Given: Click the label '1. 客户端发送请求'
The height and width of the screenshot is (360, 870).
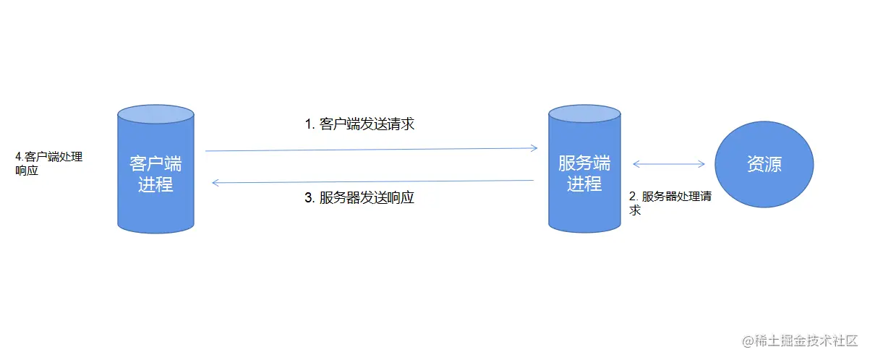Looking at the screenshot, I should coord(359,124).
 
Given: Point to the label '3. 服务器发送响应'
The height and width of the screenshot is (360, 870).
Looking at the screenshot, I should coord(359,197).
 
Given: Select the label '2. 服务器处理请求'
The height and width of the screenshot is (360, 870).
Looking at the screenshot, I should coord(670,203).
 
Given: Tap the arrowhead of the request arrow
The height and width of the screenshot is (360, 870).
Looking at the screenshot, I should coord(534,148).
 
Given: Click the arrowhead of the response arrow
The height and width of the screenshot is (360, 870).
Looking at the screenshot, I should coord(216,183).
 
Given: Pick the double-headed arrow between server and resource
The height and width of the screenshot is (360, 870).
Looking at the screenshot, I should coord(669,164).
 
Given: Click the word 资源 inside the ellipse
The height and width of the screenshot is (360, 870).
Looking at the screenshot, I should coord(764,165).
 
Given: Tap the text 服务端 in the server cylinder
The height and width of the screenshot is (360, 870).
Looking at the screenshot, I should coord(584,163).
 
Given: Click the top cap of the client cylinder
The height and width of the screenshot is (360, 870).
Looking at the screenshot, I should coord(155,113).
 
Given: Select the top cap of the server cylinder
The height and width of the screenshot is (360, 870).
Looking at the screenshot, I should coord(584,113).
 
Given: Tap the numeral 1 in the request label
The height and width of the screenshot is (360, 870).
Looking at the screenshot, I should coord(307,124).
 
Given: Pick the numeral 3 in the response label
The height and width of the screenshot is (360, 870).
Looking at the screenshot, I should coord(307,198).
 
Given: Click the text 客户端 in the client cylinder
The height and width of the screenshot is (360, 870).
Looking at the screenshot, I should coord(155,163).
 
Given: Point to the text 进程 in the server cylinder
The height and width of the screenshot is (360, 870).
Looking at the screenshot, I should coord(584,184).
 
